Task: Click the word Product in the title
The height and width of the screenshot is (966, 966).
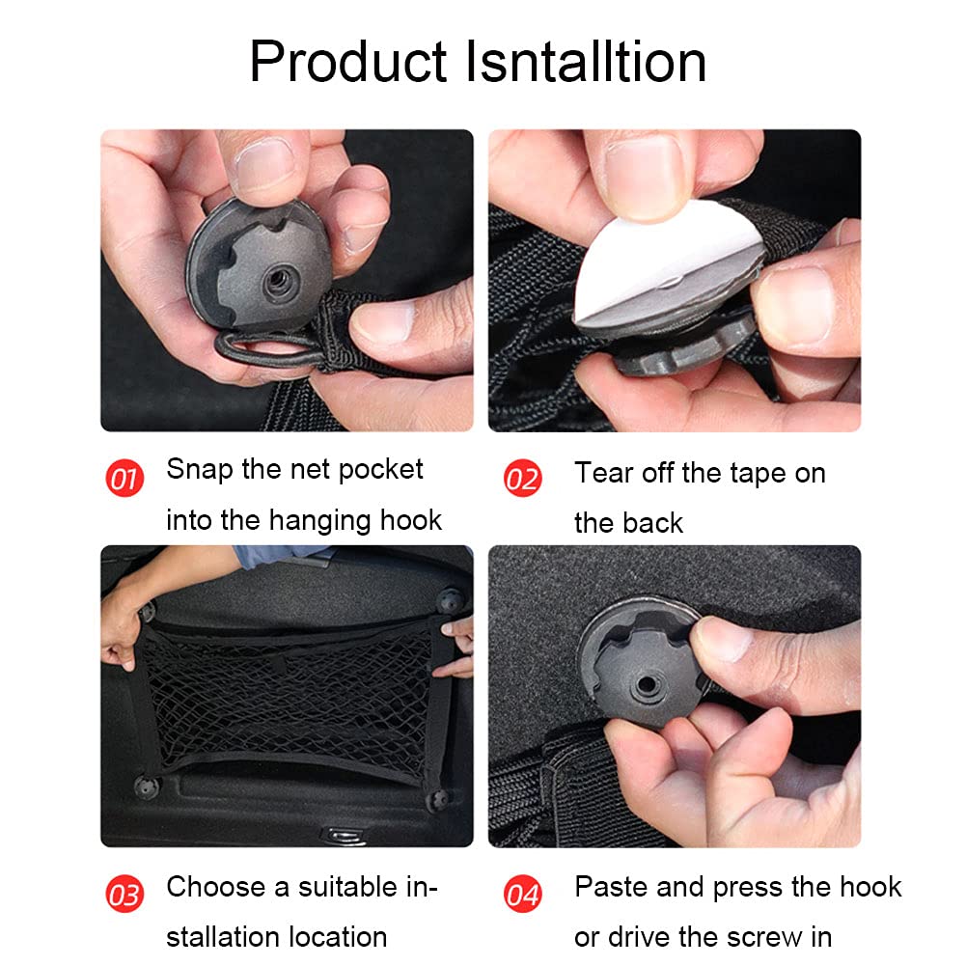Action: click(348, 62)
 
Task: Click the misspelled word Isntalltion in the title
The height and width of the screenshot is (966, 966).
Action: click(586, 62)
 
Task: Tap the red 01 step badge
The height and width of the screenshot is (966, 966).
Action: click(124, 478)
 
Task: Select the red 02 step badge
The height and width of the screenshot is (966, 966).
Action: click(522, 478)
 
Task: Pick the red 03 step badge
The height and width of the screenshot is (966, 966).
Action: click(124, 894)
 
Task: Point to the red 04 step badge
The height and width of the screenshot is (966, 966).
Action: click(522, 894)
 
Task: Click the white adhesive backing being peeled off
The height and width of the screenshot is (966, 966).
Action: click(665, 259)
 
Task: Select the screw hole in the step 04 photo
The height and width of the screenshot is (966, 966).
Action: click(647, 684)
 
